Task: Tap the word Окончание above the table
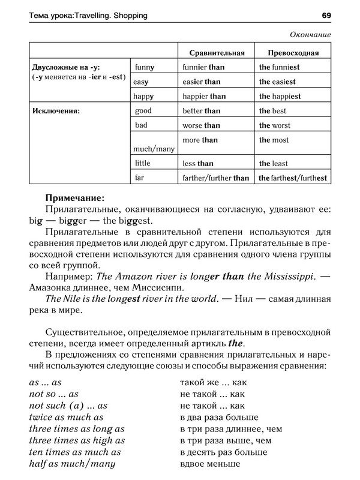tap(310, 34)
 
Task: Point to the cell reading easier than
tap(202, 82)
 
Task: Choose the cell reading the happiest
tap(280, 97)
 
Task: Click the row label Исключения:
tap(56, 111)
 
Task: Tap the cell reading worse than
tap(202, 125)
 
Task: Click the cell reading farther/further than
tap(215, 178)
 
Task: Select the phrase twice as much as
tap(66, 417)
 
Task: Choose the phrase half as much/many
tap(72, 464)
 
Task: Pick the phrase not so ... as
tap(54, 394)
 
